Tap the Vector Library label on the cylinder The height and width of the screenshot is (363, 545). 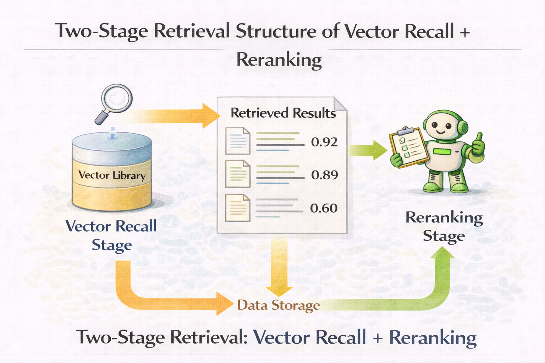coord(112,175)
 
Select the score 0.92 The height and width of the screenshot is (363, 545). coord(324,142)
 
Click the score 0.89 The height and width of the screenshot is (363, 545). coord(324,175)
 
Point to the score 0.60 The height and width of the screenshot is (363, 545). coord(324,208)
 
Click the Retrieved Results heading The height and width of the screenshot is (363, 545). coord(283,113)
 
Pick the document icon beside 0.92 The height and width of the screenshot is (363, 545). coord(238,141)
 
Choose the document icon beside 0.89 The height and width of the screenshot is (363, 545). coord(238,174)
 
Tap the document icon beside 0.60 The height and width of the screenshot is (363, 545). coord(238,208)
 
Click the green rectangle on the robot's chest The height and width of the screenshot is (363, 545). coord(441,152)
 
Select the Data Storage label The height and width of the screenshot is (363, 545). coord(279,305)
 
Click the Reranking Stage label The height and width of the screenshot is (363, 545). coord(444,227)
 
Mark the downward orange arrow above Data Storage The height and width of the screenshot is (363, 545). coord(279,266)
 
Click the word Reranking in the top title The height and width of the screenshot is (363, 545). coord(279,60)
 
